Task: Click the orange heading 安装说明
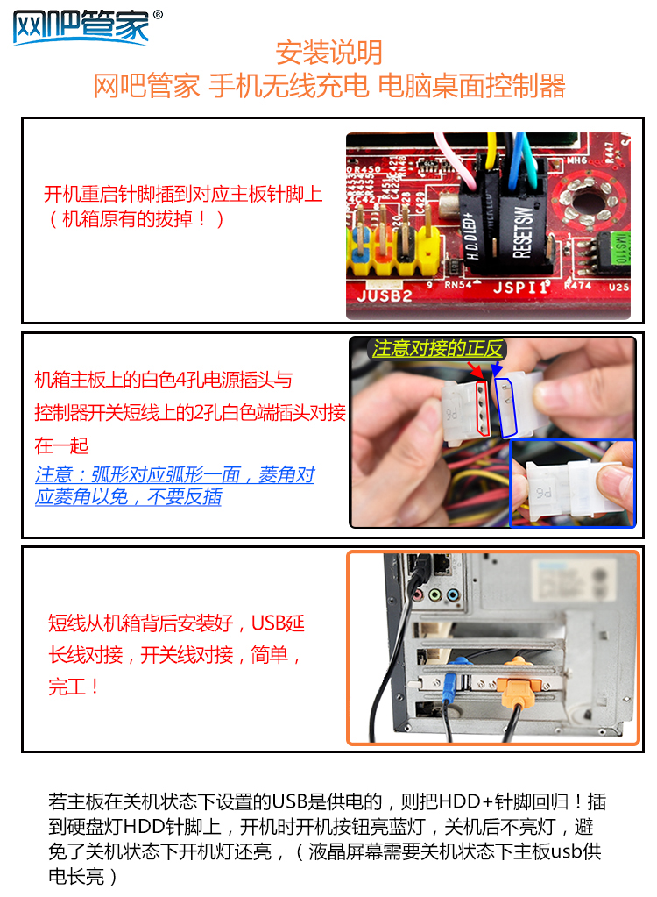point(328,53)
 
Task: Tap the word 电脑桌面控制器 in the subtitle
point(471,86)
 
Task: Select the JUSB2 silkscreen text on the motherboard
point(385,295)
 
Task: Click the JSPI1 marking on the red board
point(519,286)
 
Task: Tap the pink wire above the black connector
point(457,160)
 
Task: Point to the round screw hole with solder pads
point(589,200)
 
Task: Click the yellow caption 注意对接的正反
point(437,348)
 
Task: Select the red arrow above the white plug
point(474,368)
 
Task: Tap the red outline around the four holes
point(483,408)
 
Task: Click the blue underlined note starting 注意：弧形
point(174,485)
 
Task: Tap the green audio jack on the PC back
point(435,595)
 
